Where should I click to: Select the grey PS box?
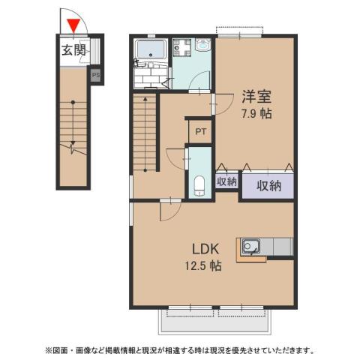(95, 74)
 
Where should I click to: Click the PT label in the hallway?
(200, 131)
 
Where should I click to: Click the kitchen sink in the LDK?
(250, 245)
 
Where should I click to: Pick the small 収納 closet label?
(227, 181)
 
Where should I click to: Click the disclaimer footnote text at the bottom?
(180, 349)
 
